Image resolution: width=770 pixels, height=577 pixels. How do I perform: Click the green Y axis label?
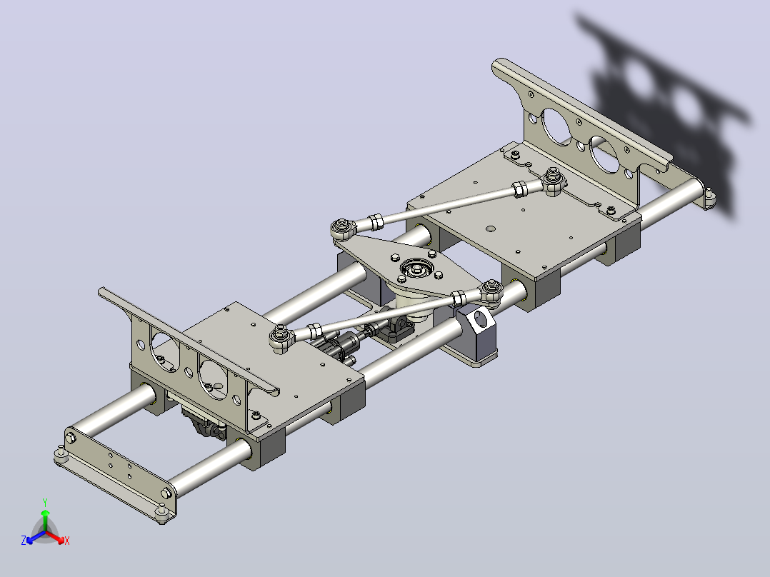pos(45,502)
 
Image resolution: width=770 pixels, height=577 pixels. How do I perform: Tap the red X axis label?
pos(67,541)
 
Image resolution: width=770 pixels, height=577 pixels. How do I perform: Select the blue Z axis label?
pos(24,540)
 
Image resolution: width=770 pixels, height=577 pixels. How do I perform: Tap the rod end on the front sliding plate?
pos(282,338)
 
